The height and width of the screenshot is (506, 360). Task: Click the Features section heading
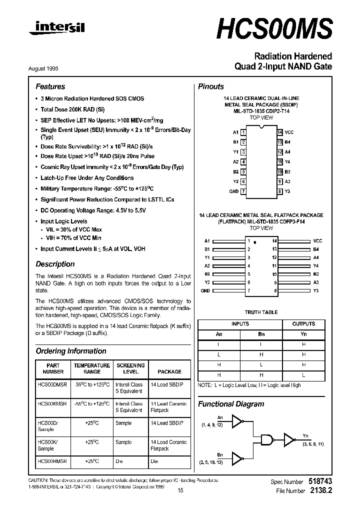coord(50,86)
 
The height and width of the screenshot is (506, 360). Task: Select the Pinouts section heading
coord(211,86)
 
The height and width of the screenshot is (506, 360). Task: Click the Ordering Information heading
coord(71,351)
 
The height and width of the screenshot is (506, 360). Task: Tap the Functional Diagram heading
coord(231,404)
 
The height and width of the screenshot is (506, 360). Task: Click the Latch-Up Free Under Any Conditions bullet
coord(87,178)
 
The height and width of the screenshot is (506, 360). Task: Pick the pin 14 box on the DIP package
coord(280,132)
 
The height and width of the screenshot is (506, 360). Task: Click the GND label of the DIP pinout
coord(233,191)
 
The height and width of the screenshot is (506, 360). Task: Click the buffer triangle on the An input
coord(240,423)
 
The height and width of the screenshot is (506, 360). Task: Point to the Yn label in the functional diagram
coord(306,436)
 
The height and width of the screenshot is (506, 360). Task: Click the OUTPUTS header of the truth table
coord(303,324)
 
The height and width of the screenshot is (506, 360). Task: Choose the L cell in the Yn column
coord(303,375)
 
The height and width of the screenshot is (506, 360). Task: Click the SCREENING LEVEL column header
coord(130,368)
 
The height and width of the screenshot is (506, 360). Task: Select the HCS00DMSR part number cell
coord(52,384)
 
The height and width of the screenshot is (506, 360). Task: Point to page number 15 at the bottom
coord(180,490)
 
